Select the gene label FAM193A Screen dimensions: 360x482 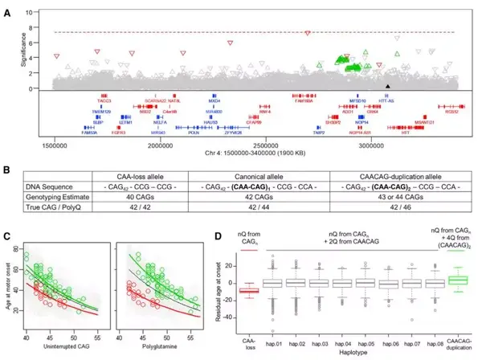coord(84,133)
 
